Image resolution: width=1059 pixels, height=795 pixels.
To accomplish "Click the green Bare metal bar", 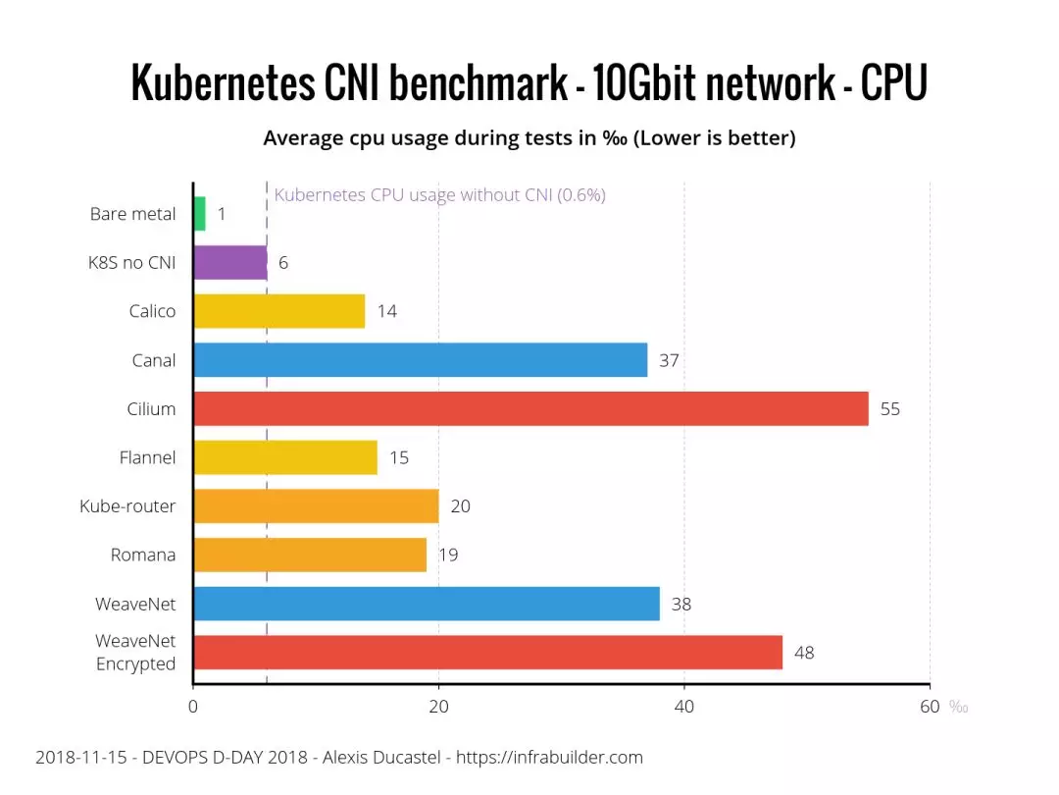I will (x=200, y=214).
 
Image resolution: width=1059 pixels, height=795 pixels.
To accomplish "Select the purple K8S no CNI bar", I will (x=230, y=263).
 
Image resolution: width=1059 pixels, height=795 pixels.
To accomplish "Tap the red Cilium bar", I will (x=530, y=409).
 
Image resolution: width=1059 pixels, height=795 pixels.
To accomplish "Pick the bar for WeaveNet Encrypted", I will (x=487, y=653).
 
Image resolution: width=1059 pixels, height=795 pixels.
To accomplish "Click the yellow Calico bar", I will (x=279, y=311).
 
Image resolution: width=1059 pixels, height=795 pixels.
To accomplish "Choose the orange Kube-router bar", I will (x=316, y=506).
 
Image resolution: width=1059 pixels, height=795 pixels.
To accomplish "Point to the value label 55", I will (x=889, y=409).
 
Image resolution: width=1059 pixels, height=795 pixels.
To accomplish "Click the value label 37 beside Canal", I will (x=669, y=360).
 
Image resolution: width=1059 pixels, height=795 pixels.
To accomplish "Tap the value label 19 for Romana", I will (x=448, y=556).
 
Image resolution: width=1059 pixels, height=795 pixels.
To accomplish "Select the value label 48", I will (x=804, y=653).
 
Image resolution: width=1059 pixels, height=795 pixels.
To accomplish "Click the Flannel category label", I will (x=147, y=457).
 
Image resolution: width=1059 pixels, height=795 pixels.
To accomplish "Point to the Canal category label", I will (x=154, y=360).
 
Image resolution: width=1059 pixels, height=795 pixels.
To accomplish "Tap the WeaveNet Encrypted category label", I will (x=135, y=653).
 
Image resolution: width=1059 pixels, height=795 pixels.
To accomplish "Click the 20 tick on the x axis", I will (x=438, y=707).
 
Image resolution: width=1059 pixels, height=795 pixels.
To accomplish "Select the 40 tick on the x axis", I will (x=684, y=707).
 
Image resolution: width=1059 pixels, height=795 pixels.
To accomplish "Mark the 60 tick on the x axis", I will (x=930, y=707).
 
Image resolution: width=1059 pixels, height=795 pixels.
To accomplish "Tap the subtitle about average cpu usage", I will (x=529, y=138).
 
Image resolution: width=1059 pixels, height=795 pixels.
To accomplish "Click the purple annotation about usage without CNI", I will (x=439, y=195).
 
